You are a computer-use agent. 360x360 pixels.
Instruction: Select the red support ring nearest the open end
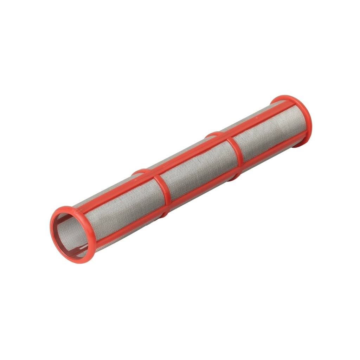pos(162,190)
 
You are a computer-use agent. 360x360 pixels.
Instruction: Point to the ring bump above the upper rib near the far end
pos(213,133)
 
